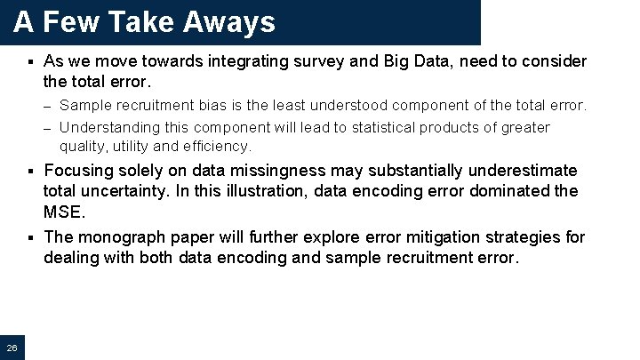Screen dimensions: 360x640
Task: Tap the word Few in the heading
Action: click(73, 22)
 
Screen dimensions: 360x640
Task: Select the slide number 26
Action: click(12, 347)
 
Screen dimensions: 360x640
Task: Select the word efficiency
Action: click(220, 146)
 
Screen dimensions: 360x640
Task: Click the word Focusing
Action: click(78, 170)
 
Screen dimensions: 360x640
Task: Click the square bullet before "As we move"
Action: click(29, 62)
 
